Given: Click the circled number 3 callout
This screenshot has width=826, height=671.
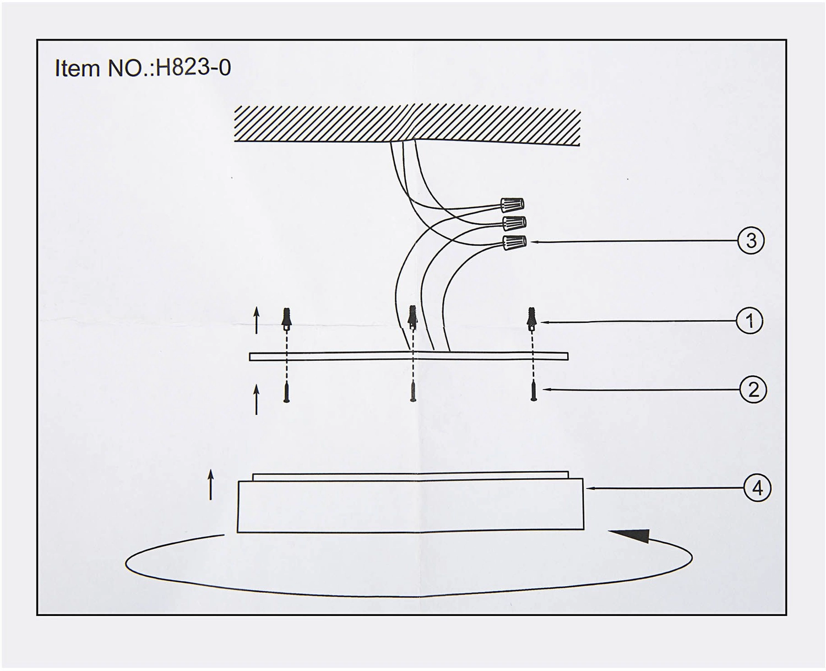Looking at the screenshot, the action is pyautogui.click(x=751, y=241).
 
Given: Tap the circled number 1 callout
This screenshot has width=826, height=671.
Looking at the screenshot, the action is pyautogui.click(x=749, y=321).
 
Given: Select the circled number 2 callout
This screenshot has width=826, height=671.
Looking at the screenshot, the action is pyautogui.click(x=753, y=390).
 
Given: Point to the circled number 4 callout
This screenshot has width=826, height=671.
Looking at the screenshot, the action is pyautogui.click(x=757, y=488).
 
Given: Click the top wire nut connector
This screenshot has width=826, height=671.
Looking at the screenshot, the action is pyautogui.click(x=512, y=204).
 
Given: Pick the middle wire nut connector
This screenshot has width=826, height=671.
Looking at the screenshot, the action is pyautogui.click(x=514, y=223).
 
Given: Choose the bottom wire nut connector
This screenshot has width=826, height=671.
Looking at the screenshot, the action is pyautogui.click(x=514, y=242).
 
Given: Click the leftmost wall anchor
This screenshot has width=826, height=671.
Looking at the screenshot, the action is pyautogui.click(x=286, y=319).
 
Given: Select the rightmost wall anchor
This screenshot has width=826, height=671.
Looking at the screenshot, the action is pyautogui.click(x=531, y=319).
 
